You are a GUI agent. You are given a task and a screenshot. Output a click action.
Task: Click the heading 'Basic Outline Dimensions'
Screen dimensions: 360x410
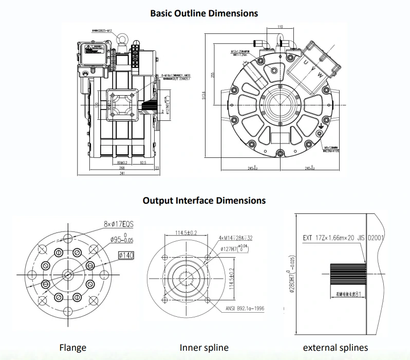tap(204, 12)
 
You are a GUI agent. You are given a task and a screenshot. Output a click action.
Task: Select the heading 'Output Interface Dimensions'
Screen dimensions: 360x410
tap(204, 200)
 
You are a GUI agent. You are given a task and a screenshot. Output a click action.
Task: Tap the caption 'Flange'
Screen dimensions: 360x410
tap(72, 348)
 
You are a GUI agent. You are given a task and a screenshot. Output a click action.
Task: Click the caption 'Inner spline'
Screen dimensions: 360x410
tap(204, 348)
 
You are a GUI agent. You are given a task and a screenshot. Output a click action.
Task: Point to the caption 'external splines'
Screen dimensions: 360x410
tap(335, 348)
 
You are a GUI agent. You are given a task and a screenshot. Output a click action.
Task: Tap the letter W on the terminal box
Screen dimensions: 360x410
tap(321, 75)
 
